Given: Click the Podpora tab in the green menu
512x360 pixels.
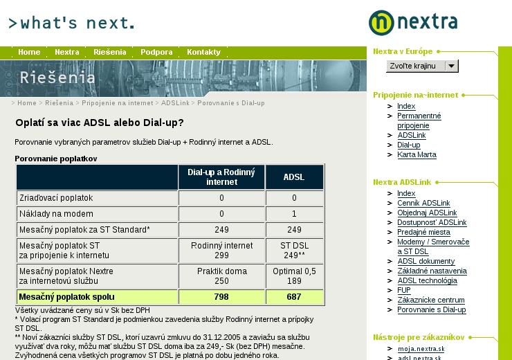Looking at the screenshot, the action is pyautogui.click(x=156, y=52).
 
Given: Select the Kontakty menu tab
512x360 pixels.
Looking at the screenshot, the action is pyautogui.click(x=203, y=52).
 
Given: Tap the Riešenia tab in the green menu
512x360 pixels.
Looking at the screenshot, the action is pyautogui.click(x=110, y=52).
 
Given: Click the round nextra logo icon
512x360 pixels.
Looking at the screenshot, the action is pyautogui.click(x=381, y=23).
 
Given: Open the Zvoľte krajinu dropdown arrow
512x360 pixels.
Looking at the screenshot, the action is pyautogui.click(x=451, y=66).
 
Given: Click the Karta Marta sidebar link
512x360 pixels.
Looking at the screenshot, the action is pyautogui.click(x=417, y=154).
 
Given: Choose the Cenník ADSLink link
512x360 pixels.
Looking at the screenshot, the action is pyautogui.click(x=423, y=203).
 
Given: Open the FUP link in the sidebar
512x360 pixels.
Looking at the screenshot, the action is pyautogui.click(x=404, y=290).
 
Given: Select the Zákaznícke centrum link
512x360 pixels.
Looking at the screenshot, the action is pyautogui.click(x=430, y=300).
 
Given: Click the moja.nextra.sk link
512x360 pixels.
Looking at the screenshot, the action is pyautogui.click(x=421, y=349).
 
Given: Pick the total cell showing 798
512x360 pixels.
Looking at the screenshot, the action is pyautogui.click(x=221, y=297).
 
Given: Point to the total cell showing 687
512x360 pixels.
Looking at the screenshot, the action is pyautogui.click(x=294, y=297).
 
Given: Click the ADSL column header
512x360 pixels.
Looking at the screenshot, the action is pyautogui.click(x=294, y=177).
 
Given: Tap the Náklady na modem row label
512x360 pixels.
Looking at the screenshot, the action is pyautogui.click(x=56, y=214).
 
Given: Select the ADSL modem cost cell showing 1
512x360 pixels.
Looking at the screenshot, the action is pyautogui.click(x=294, y=214).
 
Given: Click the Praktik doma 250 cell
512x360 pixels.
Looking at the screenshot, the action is pyautogui.click(x=221, y=276).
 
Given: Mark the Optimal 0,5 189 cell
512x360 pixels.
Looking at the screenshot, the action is pyautogui.click(x=294, y=276).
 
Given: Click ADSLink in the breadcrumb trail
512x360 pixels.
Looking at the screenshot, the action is pyautogui.click(x=175, y=103).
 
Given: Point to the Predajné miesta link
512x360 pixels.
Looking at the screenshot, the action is pyautogui.click(x=423, y=232).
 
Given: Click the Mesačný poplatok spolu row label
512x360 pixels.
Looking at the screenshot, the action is pyautogui.click(x=66, y=297).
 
